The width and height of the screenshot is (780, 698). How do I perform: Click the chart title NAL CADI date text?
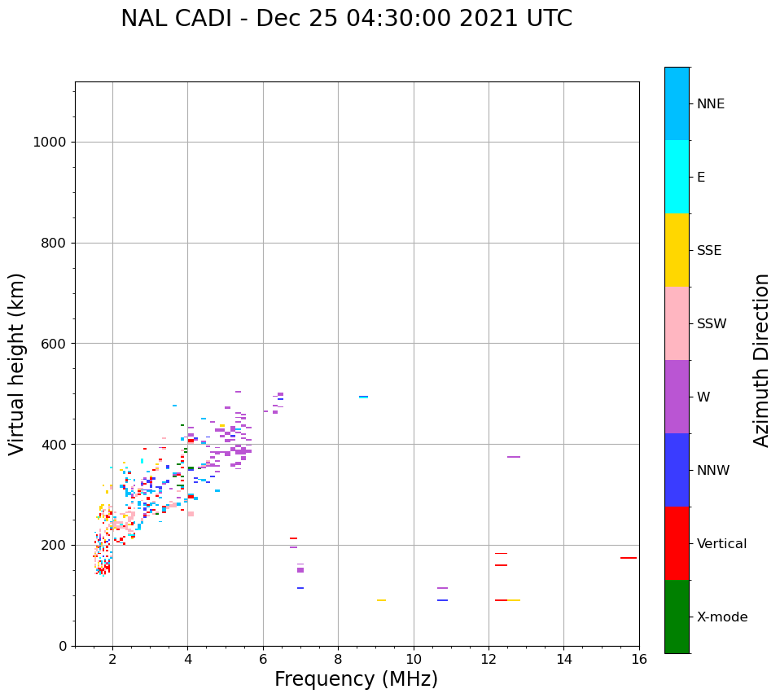click(x=346, y=19)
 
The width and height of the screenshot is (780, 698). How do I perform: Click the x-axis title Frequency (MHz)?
click(x=356, y=679)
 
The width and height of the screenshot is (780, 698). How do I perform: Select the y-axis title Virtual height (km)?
click(x=17, y=363)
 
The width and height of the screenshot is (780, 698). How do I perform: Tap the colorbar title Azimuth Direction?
click(x=761, y=359)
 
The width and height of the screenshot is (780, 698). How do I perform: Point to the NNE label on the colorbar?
click(x=710, y=104)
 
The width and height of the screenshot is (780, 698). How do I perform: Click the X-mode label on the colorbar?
click(x=721, y=617)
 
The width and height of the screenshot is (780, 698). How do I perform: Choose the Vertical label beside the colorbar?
click(x=722, y=544)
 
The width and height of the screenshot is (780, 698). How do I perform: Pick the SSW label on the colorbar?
click(x=712, y=324)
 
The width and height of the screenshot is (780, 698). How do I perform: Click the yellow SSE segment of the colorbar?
click(x=677, y=250)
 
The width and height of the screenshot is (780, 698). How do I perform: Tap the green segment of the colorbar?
click(x=677, y=617)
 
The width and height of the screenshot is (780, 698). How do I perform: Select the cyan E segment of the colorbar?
click(x=677, y=177)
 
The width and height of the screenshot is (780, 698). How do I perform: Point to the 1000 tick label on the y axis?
click(x=49, y=143)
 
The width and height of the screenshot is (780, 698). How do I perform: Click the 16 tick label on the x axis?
click(x=639, y=659)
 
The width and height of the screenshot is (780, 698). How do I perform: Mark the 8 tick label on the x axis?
click(x=338, y=659)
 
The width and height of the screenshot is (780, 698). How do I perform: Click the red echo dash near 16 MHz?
click(x=629, y=558)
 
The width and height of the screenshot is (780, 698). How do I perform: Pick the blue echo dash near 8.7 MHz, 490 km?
click(x=363, y=397)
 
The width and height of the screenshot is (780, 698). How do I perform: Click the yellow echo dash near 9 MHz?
click(x=381, y=600)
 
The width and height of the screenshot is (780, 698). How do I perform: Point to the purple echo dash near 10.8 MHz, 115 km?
click(x=442, y=588)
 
